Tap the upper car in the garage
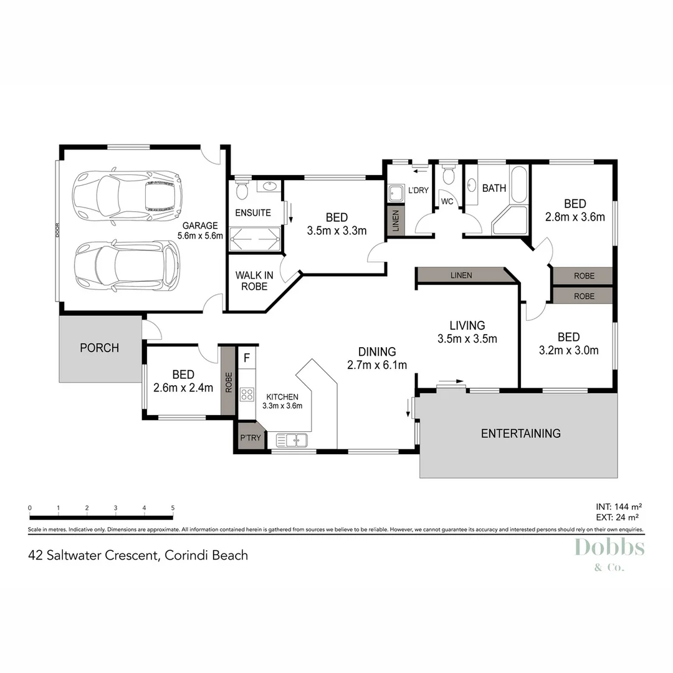tap(127, 195)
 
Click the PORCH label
tap(99, 348)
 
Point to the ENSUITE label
tap(252, 212)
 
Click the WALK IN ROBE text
tap(251, 281)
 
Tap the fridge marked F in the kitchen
tap(247, 358)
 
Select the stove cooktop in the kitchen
tap(247, 394)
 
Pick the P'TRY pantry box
tap(251, 438)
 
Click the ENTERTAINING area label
tap(520, 433)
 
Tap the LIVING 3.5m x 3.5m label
tap(467, 332)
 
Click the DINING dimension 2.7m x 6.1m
tap(377, 365)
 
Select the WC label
tap(447, 202)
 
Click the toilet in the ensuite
tap(242, 188)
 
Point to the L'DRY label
tap(418, 190)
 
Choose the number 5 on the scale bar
tap(173, 508)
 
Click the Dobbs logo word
tap(609, 547)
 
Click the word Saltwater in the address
tap(88, 555)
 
